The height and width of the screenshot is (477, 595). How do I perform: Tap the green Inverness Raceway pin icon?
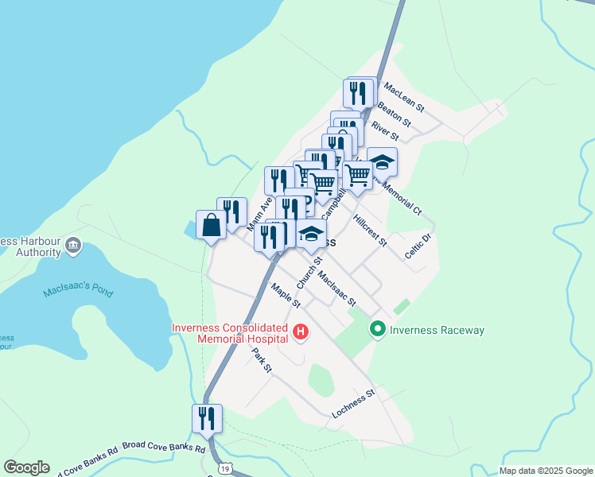378,328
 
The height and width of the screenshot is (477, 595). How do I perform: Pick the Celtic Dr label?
418,245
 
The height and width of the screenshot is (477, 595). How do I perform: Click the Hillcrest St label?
369,230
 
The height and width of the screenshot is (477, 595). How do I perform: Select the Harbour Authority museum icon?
74,244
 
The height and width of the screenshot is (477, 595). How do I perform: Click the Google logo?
26,467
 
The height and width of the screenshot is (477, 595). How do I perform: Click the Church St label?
309,272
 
